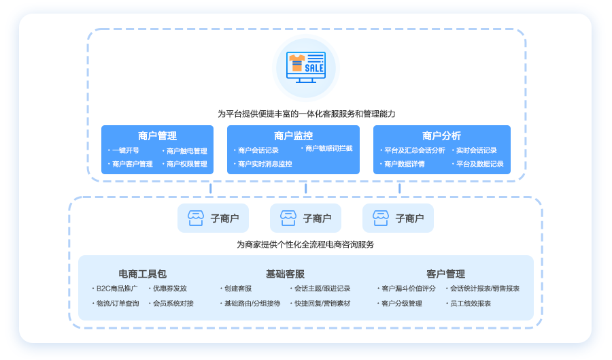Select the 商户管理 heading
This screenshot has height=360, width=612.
(x=157, y=135)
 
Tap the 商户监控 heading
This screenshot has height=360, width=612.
(x=293, y=135)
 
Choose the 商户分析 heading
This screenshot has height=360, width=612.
(x=441, y=135)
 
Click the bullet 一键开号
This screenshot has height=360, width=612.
(x=125, y=150)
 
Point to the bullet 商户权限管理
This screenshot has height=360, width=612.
(x=186, y=164)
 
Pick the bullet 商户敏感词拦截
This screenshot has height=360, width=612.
(x=328, y=148)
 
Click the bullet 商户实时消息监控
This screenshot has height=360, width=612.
(x=265, y=164)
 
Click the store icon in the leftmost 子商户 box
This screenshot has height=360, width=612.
(x=196, y=218)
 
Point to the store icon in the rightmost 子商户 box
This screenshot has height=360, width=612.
(x=381, y=218)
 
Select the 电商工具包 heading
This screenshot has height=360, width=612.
(x=142, y=274)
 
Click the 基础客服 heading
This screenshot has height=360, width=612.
(x=285, y=274)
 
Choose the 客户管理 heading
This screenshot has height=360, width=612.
(x=445, y=274)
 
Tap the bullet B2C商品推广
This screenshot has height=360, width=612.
(x=116, y=289)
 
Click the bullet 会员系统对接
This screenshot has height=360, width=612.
(x=173, y=304)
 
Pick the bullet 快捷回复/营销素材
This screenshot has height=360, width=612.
(x=322, y=304)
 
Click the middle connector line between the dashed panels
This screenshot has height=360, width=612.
(x=305, y=189)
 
